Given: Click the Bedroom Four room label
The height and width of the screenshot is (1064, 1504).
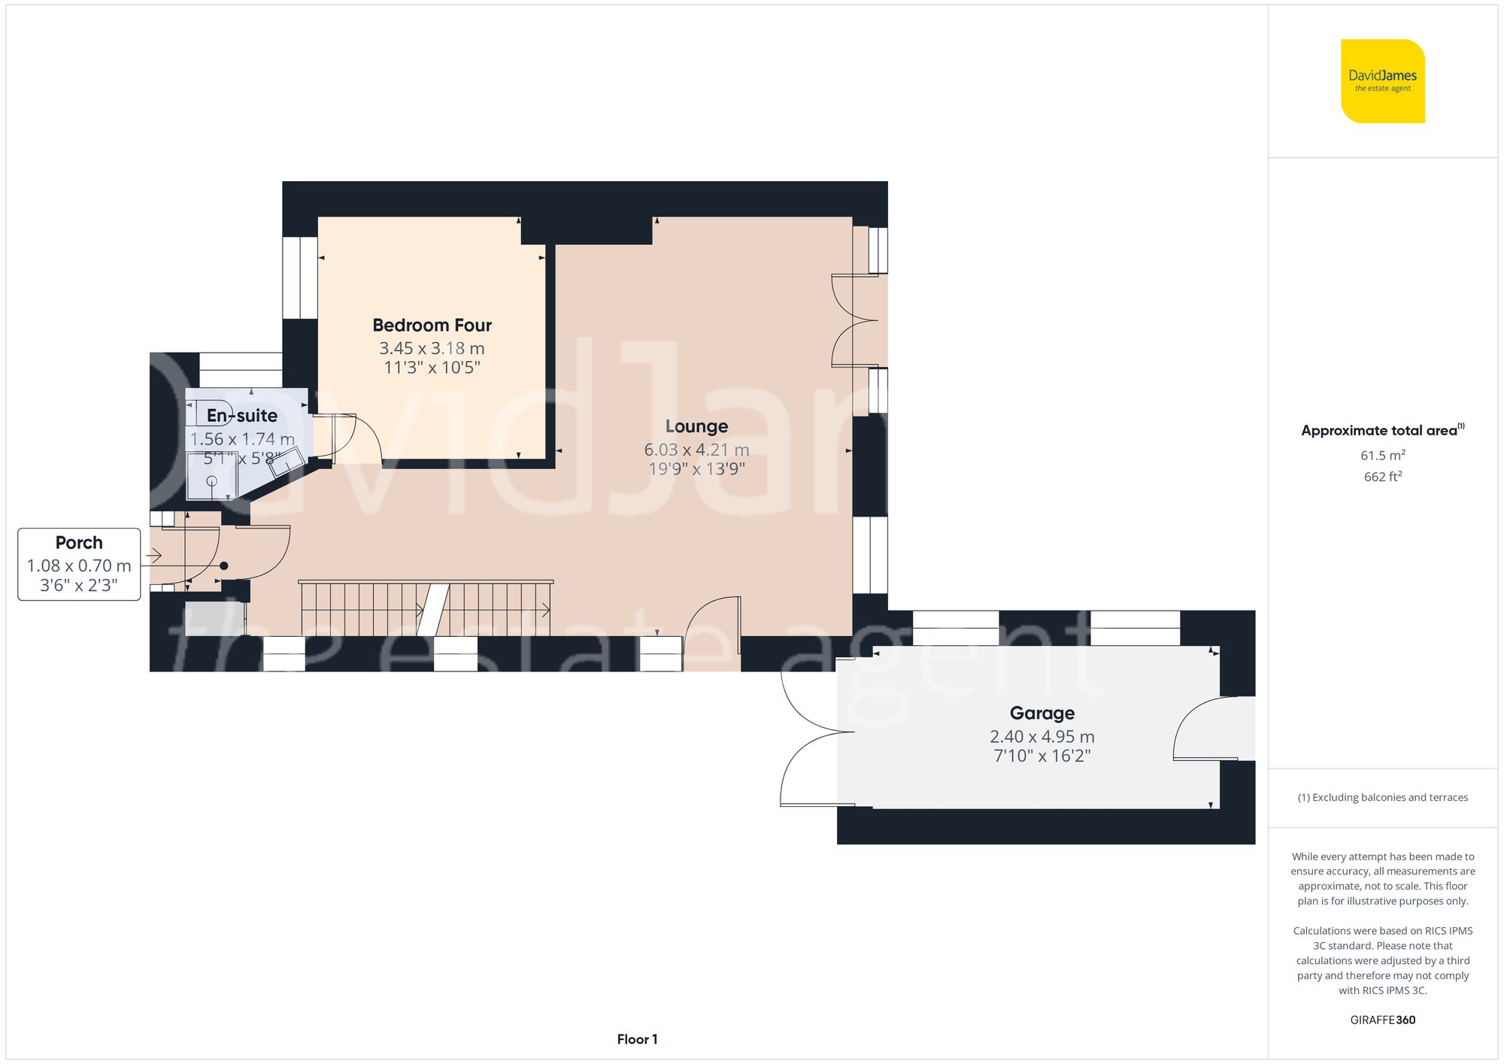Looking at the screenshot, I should tap(432, 326).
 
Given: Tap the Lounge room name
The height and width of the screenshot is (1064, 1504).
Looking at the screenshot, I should tap(696, 426).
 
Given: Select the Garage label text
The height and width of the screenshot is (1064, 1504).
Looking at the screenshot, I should tap(1042, 713).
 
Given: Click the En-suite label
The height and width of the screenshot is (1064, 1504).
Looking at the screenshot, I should tap(241, 416).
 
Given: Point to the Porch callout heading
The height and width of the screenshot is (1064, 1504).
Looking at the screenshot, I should tap(79, 543).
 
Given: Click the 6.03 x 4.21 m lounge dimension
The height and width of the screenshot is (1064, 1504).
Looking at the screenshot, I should tap(696, 450).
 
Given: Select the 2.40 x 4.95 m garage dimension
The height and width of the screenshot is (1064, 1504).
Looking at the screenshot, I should tap(1042, 737).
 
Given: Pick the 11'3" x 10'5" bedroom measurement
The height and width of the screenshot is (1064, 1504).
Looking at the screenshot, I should tap(432, 368).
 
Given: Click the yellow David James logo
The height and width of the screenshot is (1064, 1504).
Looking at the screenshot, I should tap(1382, 81).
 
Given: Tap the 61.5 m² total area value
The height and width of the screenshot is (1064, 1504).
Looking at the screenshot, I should tap(1382, 456).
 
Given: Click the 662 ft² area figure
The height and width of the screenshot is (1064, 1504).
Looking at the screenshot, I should tap(1382, 477).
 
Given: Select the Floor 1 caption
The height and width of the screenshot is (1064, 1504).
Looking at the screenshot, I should tap(637, 1039).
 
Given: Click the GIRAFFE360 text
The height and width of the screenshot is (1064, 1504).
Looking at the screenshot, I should tap(1382, 1020).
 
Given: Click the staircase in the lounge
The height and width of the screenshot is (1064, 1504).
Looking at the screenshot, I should tap(426, 609).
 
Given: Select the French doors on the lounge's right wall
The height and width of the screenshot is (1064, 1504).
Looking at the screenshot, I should tap(855, 321).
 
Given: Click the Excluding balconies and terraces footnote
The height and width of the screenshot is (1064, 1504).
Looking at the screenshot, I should tap(1382, 798).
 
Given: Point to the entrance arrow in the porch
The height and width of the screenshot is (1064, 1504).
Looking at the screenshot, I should tap(153, 556).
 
